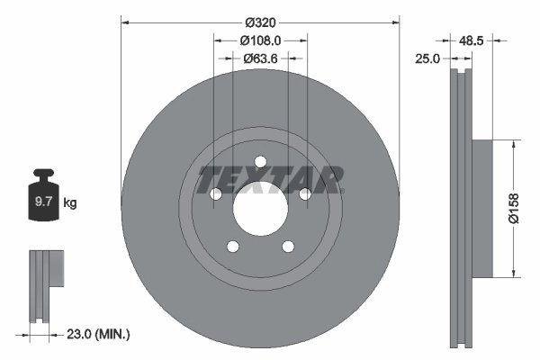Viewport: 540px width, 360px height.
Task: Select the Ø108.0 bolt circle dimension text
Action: coord(261,40)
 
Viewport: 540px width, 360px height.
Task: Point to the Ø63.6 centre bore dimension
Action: coord(261,58)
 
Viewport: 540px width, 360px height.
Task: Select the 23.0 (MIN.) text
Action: coord(100,334)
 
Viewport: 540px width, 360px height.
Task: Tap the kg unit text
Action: coord(70,203)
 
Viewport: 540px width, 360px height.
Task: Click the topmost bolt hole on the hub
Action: coord(260,162)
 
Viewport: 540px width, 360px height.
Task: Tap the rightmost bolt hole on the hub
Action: coord(305,193)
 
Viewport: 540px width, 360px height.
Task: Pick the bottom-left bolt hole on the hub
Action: coord(232,247)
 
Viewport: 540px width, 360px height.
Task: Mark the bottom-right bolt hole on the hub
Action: coord(288,247)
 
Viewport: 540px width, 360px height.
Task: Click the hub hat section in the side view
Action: coord(482,209)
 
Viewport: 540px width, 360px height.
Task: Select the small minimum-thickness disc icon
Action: coord(47,270)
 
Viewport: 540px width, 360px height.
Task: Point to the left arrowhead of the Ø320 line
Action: coord(124,21)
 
